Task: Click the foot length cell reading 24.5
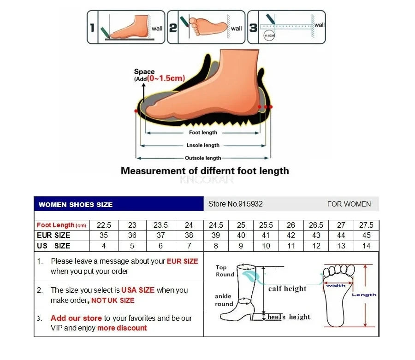[x=216, y=225]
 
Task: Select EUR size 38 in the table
[x=189, y=236]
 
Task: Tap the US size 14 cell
[x=366, y=246]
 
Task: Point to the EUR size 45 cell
[x=366, y=236]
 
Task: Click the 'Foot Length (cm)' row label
[x=61, y=225]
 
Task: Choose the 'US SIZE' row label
[x=53, y=246]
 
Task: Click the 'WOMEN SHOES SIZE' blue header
[x=76, y=204]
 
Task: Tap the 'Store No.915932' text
[x=236, y=204]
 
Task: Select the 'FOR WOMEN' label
[x=349, y=204]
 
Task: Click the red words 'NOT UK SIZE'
[x=113, y=301]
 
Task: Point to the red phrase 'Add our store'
[x=76, y=318]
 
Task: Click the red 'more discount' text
[x=122, y=328]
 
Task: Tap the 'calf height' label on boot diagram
[x=287, y=289]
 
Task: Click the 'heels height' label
[x=289, y=317]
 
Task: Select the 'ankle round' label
[x=224, y=300]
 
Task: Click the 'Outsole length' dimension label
[x=203, y=158]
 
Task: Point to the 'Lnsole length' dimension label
[x=203, y=145]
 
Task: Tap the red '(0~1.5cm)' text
[x=166, y=79]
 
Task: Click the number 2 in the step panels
[x=173, y=28]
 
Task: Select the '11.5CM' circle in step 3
[x=268, y=35]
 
